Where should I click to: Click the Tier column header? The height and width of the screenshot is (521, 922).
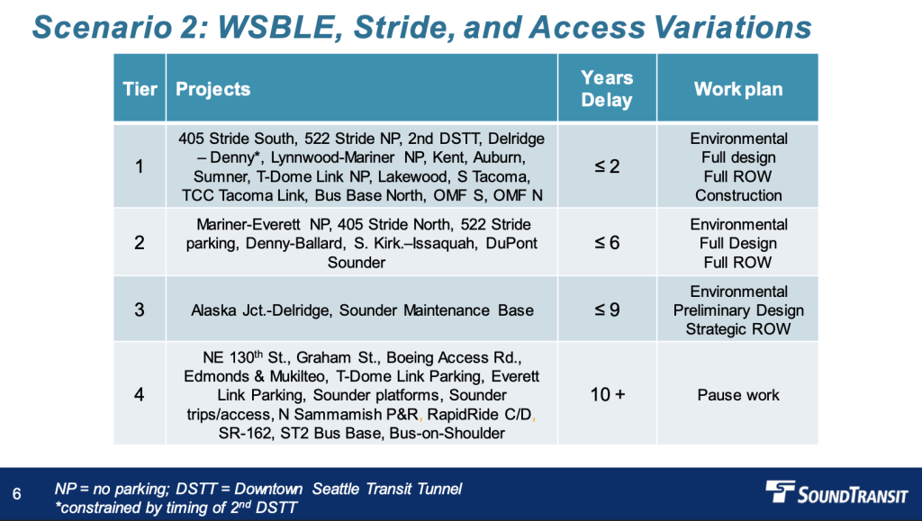point(140,89)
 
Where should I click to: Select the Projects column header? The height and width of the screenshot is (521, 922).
point(212,89)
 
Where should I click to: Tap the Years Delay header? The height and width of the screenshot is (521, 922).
point(607,89)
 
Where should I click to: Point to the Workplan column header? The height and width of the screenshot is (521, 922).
point(738,89)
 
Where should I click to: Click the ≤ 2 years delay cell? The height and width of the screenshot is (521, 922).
point(607,166)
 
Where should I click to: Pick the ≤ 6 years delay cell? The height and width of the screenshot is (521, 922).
point(607,243)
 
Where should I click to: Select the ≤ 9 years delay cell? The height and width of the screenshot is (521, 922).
point(607,310)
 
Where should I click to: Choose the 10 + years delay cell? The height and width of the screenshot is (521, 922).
point(608,394)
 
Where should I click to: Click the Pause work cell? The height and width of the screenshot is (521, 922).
point(738,395)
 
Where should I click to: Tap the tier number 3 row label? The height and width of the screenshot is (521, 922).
point(140,310)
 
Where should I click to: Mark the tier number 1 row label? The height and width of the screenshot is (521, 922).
point(140,166)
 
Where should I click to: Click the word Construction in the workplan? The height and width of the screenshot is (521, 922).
point(738,195)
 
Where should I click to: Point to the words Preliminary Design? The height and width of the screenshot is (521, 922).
point(738,310)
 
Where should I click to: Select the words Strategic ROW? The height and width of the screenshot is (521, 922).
point(738,329)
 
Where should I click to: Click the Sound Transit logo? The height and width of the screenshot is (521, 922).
point(836,492)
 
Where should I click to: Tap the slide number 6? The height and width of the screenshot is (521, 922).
point(16,494)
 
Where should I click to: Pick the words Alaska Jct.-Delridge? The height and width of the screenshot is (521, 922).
point(260,310)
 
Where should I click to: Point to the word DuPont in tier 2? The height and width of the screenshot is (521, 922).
point(511,243)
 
